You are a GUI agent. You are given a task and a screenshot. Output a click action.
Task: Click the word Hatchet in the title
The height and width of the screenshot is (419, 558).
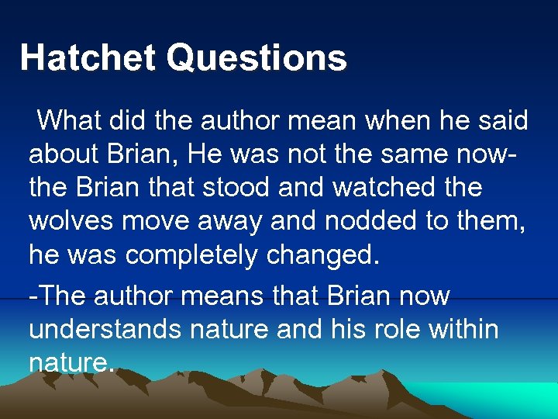coord(88,58)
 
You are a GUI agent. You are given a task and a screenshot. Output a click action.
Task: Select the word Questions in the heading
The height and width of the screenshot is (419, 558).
coord(257,58)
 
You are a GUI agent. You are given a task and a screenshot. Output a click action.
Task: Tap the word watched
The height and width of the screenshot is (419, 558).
coord(392,188)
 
